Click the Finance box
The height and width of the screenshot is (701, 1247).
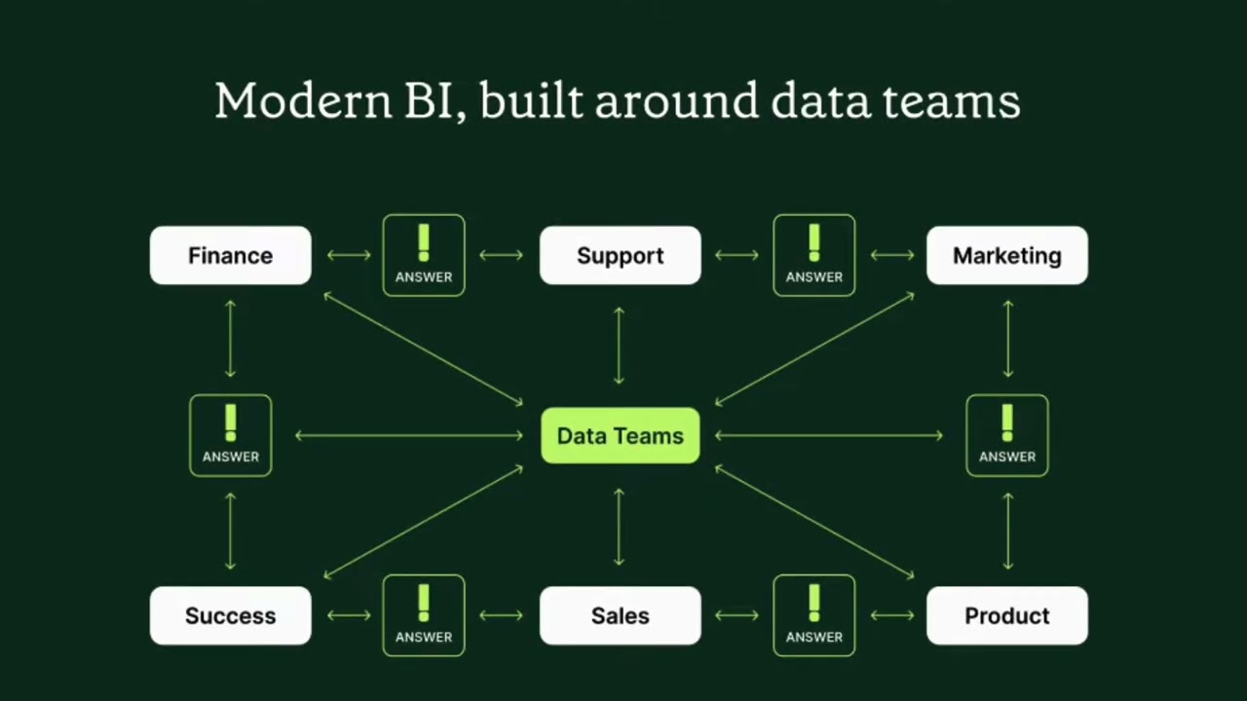coord(230,256)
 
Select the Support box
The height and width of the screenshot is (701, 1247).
coord(620,256)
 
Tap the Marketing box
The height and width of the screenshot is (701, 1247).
coord(1006,256)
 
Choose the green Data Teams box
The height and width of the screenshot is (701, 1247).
coord(620,436)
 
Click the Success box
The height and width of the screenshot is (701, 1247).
coord(230,616)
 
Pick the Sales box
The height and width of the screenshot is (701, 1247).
coord(620,616)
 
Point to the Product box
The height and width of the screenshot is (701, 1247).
coord(1006,616)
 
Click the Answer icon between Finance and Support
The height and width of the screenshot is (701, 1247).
coord(424,256)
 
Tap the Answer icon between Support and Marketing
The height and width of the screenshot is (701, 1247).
coord(813,256)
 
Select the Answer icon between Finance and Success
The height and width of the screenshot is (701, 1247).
coord(230,436)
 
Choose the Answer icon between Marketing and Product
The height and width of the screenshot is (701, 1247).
coord(1006,436)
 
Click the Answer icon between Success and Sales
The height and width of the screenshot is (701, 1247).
coord(424,616)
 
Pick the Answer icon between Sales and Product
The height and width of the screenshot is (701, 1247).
coord(813,616)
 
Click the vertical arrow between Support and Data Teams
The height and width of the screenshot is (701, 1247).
coord(619,346)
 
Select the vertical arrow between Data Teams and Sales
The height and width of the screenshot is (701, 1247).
coord(619,527)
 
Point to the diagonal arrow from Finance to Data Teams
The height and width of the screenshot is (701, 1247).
coord(423,348)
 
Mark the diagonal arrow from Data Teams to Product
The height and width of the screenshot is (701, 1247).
coord(814,522)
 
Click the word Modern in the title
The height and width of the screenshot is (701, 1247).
coord(302,101)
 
